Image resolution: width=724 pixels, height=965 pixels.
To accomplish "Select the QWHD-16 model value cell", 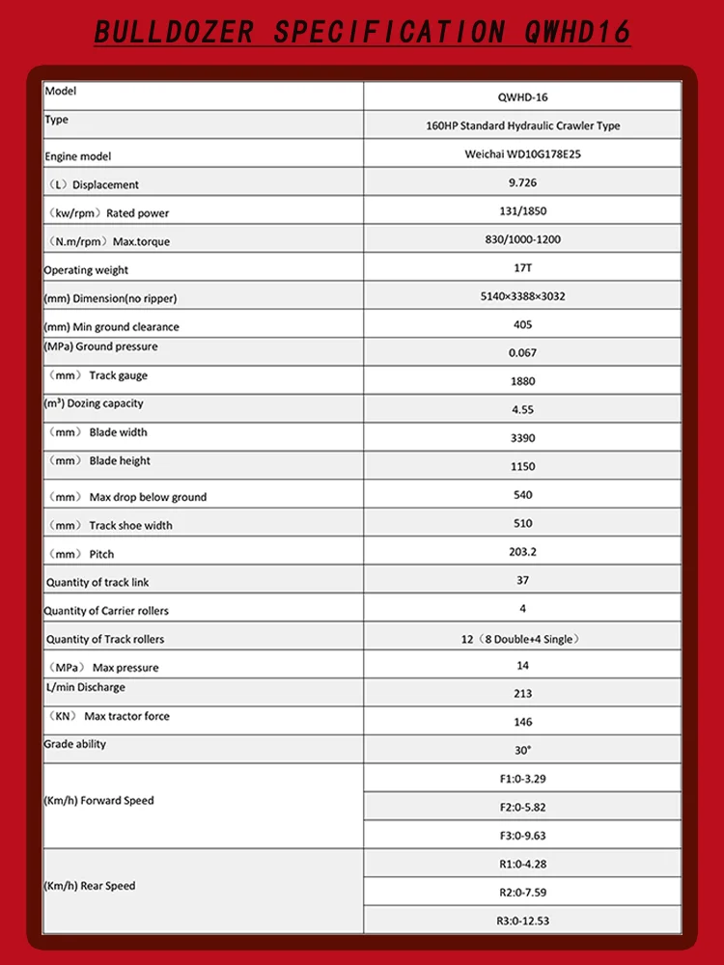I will tap(522, 97).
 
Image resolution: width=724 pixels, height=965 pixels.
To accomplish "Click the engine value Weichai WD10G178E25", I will tap(522, 153).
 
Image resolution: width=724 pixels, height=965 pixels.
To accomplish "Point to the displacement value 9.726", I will tap(522, 182).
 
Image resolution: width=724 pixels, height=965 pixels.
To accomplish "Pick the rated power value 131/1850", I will tap(522, 210).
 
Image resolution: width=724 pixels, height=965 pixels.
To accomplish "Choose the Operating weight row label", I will tap(86, 270).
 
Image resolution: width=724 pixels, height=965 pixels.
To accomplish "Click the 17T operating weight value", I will tap(522, 267).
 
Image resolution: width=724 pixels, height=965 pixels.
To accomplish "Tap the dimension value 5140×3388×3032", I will tap(522, 296).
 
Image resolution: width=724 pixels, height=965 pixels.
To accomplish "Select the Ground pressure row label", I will tap(100, 346).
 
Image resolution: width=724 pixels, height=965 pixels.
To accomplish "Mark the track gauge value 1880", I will tap(522, 381).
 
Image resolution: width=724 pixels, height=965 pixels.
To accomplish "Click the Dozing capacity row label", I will tap(94, 403).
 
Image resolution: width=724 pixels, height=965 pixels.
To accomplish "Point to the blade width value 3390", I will tap(522, 438).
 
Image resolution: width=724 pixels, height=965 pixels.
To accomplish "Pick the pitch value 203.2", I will tap(522, 552).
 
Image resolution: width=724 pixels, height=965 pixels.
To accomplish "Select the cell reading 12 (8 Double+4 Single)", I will tap(522, 639).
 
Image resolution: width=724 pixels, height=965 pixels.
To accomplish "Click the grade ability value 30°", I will tap(522, 750).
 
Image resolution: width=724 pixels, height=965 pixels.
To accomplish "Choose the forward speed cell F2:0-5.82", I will tap(522, 807).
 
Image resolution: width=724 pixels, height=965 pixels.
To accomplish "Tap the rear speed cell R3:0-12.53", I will tap(522, 921).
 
